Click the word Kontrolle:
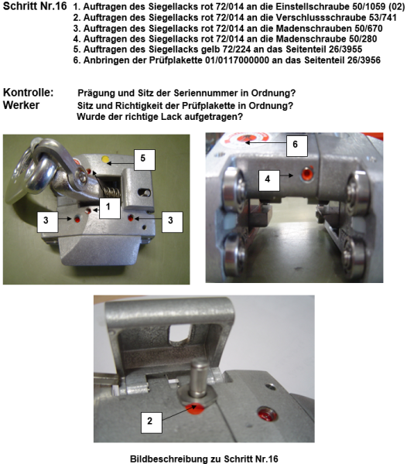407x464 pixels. tap(29, 93)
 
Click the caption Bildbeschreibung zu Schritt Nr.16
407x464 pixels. tap(203, 458)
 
